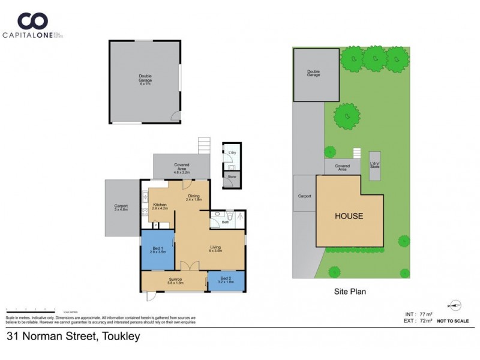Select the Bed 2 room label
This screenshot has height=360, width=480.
[x=226, y=280]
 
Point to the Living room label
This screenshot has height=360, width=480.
[x=215, y=247]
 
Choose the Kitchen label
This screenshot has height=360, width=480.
[x=159, y=205]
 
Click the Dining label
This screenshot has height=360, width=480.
[x=194, y=196]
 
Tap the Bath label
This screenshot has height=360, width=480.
[x=226, y=223]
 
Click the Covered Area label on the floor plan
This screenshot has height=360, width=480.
[x=182, y=166]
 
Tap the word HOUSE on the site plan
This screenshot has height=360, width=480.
[x=349, y=216]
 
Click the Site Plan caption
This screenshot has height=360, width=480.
[x=350, y=292]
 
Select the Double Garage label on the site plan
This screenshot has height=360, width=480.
[x=313, y=73]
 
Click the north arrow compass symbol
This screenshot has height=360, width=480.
[x=456, y=305]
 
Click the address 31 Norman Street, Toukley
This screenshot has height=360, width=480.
[x=73, y=337]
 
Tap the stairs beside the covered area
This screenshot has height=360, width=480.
[x=205, y=145]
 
